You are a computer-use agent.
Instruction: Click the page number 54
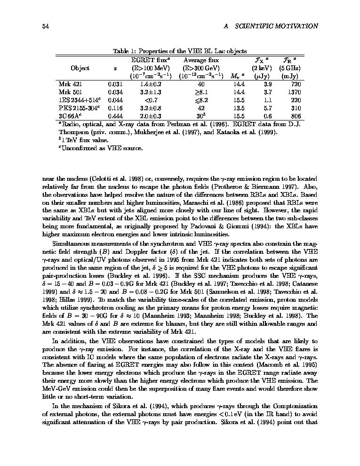tap(46, 26)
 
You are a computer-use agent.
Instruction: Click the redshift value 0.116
tap(115, 108)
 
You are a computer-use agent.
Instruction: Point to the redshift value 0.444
tap(115, 116)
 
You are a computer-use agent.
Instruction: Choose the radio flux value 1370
tap(294, 92)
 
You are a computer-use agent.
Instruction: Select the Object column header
tap(80, 68)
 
